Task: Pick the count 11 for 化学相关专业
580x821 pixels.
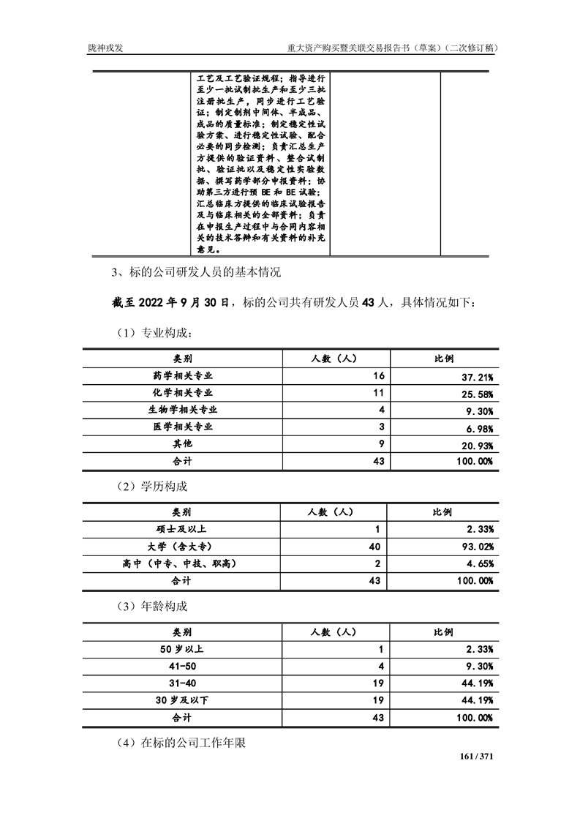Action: [x=378, y=393]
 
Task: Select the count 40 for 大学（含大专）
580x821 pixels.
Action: [x=377, y=546]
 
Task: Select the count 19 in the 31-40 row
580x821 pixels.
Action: [x=377, y=683]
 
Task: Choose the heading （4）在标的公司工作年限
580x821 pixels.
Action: [x=181, y=743]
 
